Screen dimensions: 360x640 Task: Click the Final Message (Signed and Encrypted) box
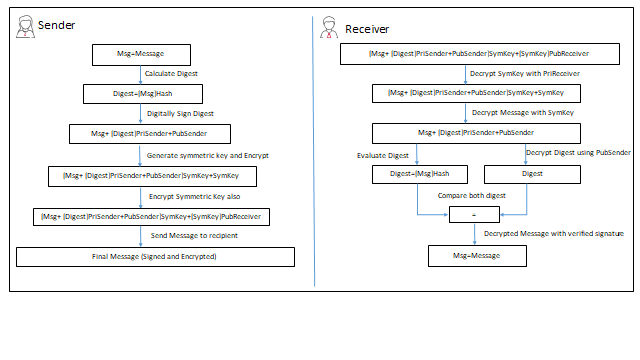(x=155, y=257)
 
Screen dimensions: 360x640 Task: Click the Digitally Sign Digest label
(x=181, y=114)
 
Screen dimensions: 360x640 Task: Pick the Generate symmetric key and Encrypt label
(x=207, y=155)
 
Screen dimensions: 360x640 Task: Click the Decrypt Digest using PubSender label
(x=578, y=153)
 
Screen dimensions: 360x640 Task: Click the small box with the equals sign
(x=473, y=214)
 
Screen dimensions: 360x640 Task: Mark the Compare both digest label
(x=471, y=195)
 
